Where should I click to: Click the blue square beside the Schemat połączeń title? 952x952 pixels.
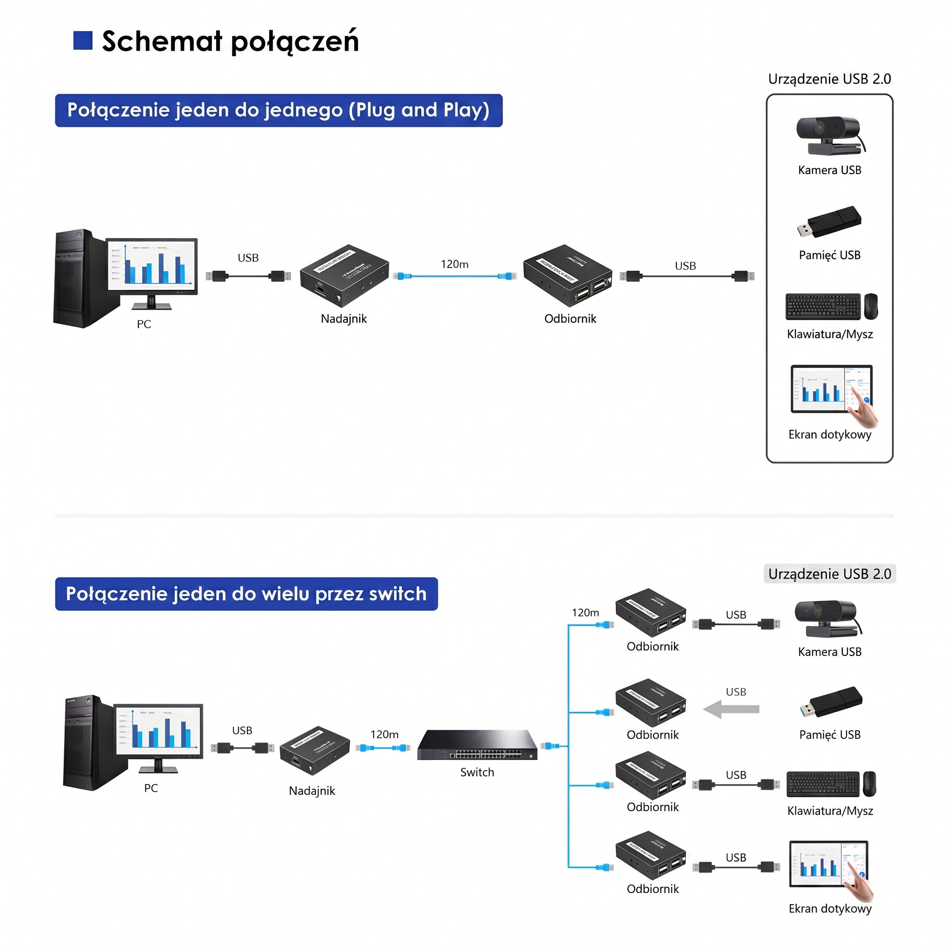coord(83,40)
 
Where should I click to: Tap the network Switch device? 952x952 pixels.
coord(476,745)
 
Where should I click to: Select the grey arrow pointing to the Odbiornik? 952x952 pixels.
coord(731,709)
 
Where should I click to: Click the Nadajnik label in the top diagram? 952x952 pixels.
coord(344,319)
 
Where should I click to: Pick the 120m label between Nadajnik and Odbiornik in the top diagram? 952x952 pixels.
coord(454,264)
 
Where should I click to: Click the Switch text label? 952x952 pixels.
coord(476,772)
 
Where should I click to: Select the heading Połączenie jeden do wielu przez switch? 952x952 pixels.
coord(246,594)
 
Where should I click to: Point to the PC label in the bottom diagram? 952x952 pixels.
coord(151,788)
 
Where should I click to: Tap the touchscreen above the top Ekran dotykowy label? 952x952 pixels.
coord(831,389)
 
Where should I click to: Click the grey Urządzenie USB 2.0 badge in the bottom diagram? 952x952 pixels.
coord(829,574)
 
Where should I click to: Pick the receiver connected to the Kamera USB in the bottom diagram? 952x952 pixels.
coord(650,613)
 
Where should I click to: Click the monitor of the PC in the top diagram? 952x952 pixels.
coord(152,266)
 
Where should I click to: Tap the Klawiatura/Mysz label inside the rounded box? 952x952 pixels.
coord(829,334)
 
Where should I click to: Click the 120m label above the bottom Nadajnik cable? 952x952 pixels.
coord(384,734)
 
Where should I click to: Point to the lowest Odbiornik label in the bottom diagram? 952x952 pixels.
coord(652,889)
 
